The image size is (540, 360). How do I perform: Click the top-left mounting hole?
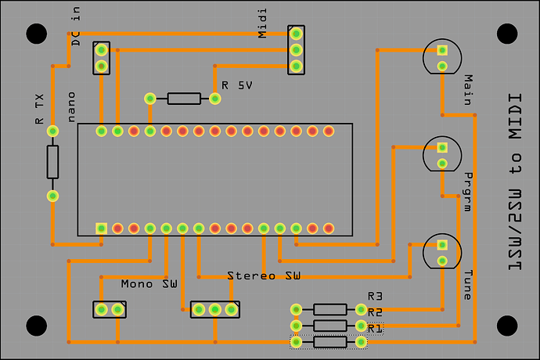37,34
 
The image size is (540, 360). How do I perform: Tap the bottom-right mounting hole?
507,326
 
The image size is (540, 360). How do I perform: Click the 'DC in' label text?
76,26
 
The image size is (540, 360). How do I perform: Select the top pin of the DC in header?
101,50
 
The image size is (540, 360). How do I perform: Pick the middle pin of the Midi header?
296,50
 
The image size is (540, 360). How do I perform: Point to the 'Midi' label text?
262,23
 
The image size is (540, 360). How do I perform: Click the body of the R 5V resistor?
184,99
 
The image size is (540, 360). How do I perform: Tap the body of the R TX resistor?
52,162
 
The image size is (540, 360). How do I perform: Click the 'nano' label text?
71,107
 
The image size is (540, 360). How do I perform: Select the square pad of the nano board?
101,229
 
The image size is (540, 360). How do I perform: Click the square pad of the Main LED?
442,50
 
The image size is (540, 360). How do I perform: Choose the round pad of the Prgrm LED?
442,164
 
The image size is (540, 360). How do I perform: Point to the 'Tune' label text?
468,285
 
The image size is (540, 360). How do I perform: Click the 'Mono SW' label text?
149,284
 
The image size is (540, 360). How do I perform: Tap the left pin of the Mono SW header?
101,310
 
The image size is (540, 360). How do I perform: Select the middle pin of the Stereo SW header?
215,310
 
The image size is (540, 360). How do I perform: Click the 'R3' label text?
375,297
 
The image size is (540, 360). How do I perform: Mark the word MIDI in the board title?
515,117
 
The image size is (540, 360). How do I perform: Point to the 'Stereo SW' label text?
264,276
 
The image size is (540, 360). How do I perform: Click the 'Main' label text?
468,90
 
